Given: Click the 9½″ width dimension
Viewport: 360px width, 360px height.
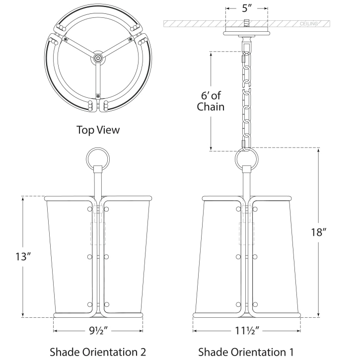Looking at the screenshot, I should [98, 330].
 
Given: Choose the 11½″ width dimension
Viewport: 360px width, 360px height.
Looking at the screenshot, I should [247, 330].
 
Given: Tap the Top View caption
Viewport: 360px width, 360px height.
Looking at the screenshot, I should [98, 130].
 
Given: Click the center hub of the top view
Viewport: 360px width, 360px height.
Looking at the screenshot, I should [98, 59].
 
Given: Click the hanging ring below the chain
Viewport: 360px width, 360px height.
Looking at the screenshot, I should [247, 160].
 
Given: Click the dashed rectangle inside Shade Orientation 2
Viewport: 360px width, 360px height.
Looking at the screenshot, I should [98, 233].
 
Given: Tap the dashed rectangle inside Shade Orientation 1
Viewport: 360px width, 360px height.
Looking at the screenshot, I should [247, 233].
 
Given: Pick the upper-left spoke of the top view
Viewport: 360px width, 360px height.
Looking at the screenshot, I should [79, 48].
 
